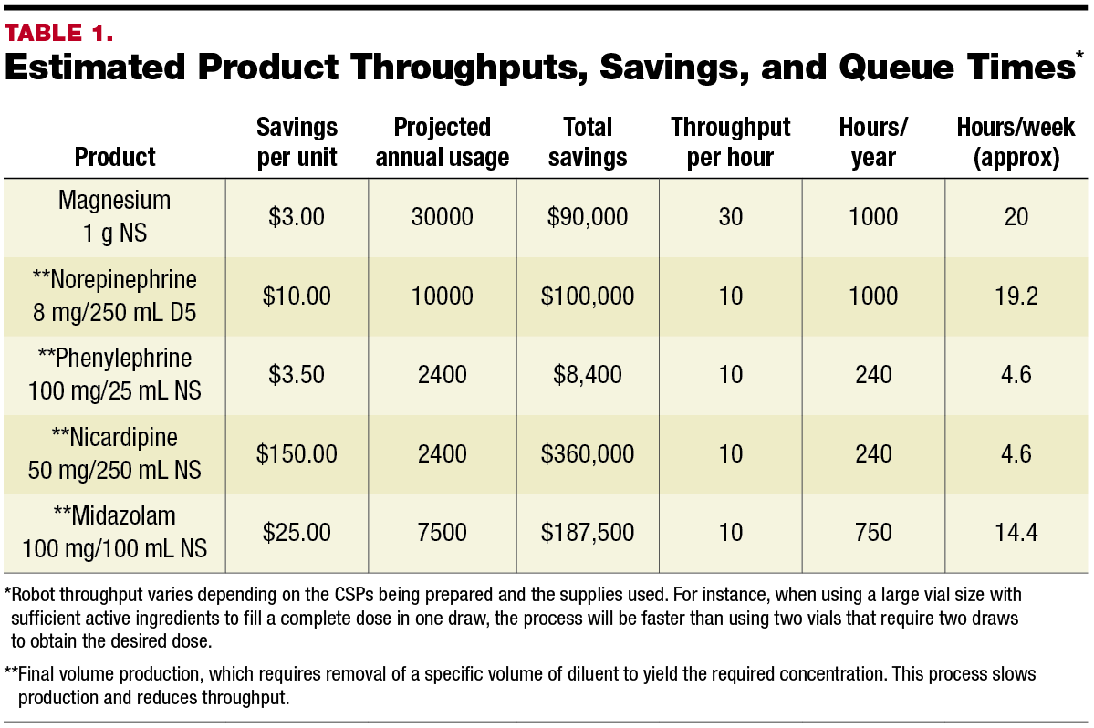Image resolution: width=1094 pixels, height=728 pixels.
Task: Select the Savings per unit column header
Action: [x=297, y=141]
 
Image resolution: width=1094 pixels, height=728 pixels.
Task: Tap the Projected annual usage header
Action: [x=443, y=141]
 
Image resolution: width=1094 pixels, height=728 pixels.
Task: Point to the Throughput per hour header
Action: [x=731, y=141]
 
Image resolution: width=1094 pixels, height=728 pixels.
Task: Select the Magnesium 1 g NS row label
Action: [x=115, y=216]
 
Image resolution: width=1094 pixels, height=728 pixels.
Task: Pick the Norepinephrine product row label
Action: [x=115, y=296]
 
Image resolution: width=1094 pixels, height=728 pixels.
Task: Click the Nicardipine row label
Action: [x=115, y=453]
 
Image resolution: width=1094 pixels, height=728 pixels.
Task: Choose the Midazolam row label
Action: [x=115, y=532]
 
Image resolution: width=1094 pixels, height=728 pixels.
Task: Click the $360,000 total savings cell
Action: [x=588, y=453]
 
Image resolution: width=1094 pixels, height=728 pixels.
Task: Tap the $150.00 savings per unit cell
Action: [x=297, y=453]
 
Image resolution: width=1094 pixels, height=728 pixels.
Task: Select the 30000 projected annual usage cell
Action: [x=443, y=217]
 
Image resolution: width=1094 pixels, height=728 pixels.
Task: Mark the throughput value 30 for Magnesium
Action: [x=731, y=217]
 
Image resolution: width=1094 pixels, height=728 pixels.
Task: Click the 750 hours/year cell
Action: [x=873, y=532]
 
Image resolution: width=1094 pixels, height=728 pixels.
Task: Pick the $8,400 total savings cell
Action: [x=588, y=374]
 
